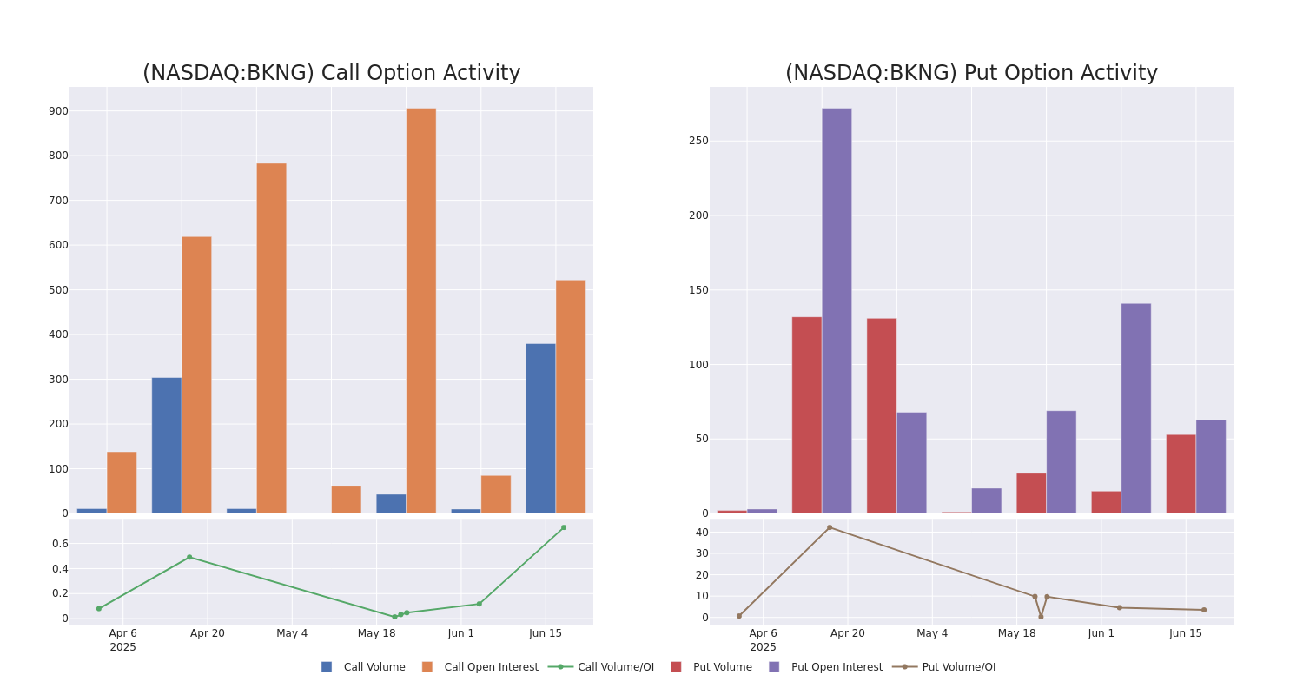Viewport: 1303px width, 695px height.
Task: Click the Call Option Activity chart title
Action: coord(331,74)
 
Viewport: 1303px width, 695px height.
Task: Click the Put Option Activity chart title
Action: coord(971,74)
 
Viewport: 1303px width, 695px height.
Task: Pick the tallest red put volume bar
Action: coord(806,415)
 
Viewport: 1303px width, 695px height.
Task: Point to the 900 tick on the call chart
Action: coord(58,111)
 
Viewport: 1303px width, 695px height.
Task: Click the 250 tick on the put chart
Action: coord(698,141)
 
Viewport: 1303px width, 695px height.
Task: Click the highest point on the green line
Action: coord(563,527)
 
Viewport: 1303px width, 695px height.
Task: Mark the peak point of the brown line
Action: coord(829,527)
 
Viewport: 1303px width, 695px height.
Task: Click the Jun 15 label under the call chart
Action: coord(546,633)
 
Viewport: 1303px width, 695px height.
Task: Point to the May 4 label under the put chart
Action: coord(932,633)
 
